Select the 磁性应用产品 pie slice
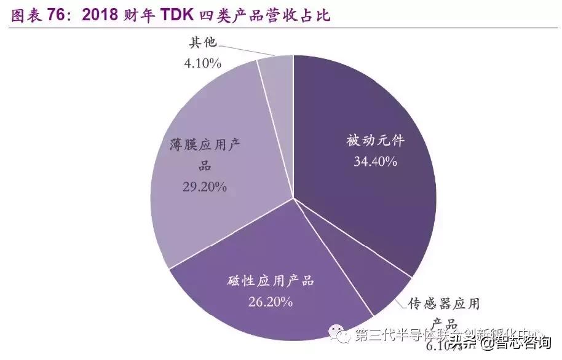click(x=271, y=270)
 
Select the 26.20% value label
click(x=271, y=302)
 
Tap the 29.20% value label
click(x=205, y=187)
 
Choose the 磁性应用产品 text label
click(x=271, y=281)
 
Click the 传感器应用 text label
click(x=445, y=303)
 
